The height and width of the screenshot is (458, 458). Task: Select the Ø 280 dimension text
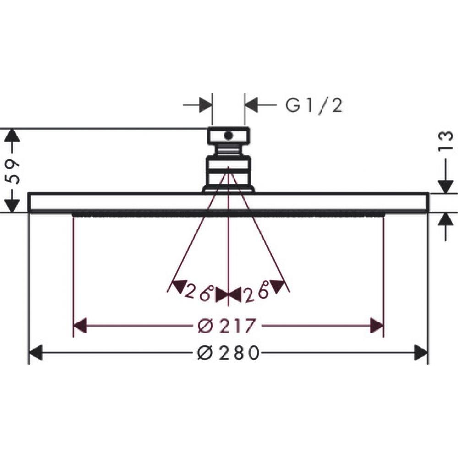(x=229, y=353)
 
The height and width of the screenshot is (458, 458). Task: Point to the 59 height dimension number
(x=13, y=172)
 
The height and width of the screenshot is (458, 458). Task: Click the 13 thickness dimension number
(x=446, y=142)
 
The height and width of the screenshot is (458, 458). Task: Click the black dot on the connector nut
(x=228, y=135)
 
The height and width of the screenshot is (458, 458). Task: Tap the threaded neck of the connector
(x=229, y=150)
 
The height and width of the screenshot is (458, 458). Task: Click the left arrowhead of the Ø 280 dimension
(x=36, y=353)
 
